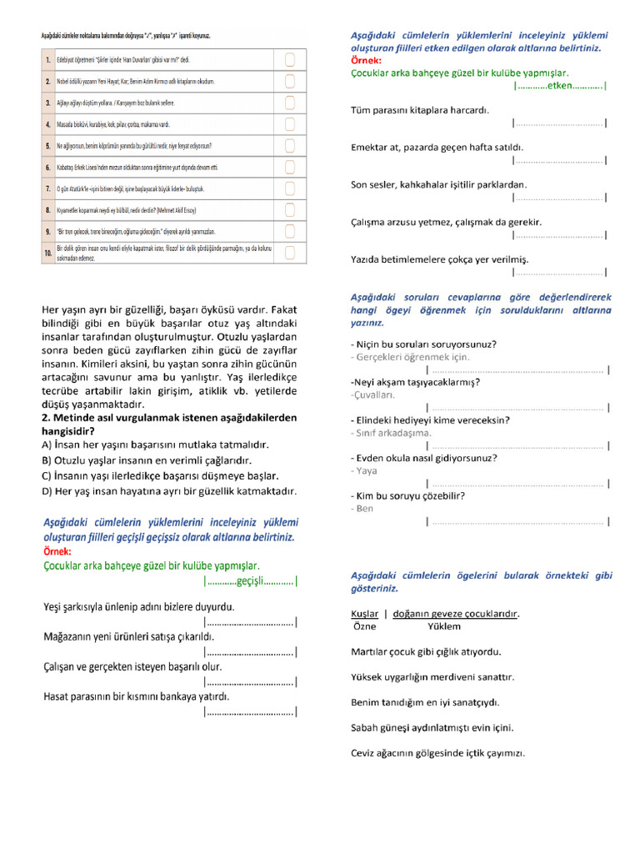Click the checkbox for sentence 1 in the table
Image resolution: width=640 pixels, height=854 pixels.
290,60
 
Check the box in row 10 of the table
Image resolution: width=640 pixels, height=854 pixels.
290,252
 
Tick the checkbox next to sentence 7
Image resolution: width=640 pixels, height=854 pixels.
290,188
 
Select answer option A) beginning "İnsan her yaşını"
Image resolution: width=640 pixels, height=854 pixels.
156,445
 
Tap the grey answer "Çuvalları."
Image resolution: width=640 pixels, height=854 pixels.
373,394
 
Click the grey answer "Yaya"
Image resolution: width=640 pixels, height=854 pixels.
366,470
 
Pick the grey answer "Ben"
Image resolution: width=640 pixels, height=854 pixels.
365,508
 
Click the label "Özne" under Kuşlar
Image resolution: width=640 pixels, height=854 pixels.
365,626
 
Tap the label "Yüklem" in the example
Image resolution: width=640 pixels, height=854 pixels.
444,626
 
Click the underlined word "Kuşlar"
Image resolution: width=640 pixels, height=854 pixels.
365,614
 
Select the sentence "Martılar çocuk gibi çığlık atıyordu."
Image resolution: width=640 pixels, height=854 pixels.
437,652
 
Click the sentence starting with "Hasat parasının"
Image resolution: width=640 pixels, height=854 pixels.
136,696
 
